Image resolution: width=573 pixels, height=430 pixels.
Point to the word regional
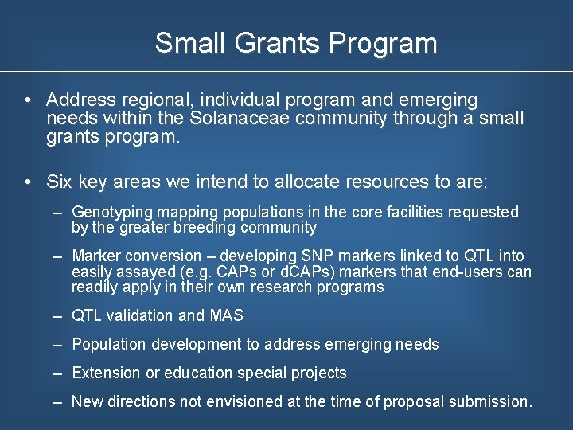pyautogui.click(x=157, y=100)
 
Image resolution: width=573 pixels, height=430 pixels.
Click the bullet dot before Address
pyautogui.click(x=28, y=100)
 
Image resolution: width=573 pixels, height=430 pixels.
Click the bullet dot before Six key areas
pyautogui.click(x=28, y=182)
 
